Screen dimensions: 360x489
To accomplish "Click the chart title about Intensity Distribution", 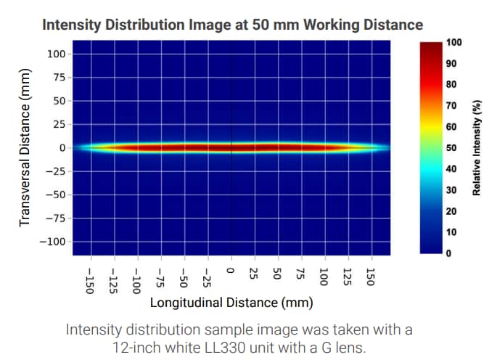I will click(x=232, y=25).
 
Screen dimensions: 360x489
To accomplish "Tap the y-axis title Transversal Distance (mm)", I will click(x=25, y=147).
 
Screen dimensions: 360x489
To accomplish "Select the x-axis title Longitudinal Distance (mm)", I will click(x=232, y=302).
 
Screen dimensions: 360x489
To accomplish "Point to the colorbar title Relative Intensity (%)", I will click(x=477, y=147).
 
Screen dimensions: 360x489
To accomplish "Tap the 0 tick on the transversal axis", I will click(x=63, y=147).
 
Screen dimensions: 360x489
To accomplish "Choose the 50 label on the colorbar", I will click(x=451, y=148).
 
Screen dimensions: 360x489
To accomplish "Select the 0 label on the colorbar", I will click(x=449, y=253).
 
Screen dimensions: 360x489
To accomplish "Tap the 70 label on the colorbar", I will click(x=451, y=106).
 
